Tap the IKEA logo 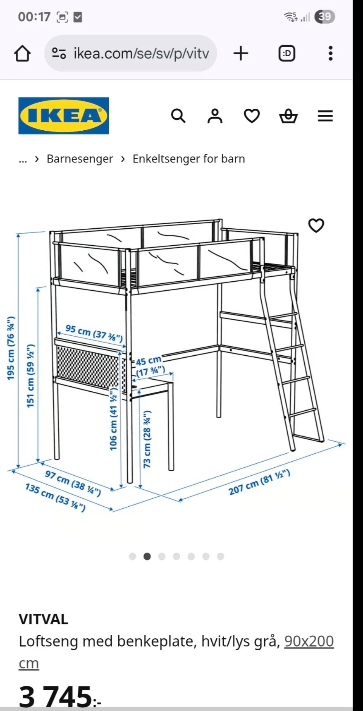tap(64, 116)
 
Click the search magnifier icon tap(178, 116)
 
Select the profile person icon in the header tap(215, 116)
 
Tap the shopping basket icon tap(288, 116)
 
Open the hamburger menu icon tap(325, 116)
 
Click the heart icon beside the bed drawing tap(316, 225)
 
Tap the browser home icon tap(22, 53)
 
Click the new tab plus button tap(241, 53)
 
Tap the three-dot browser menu tap(330, 53)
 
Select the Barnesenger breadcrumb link tap(80, 159)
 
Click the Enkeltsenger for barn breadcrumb tap(189, 159)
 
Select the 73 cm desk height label tap(147, 439)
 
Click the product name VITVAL tap(43, 619)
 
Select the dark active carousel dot tap(147, 556)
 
